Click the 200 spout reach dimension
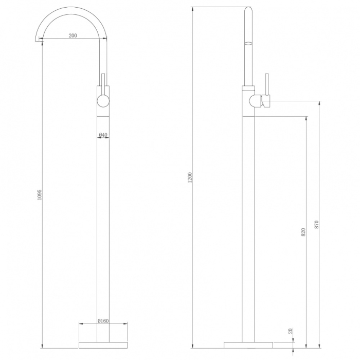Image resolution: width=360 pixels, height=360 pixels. [73, 35]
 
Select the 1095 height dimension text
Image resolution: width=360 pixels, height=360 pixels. [40, 194]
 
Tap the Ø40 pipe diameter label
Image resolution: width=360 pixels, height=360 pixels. [103, 135]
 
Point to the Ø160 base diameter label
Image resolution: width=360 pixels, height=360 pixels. [103, 321]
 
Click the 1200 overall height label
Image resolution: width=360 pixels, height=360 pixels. [190, 178]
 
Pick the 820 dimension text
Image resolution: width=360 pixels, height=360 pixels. [303, 232]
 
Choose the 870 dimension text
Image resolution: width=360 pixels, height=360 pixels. [316, 225]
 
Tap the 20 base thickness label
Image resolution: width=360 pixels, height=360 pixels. [291, 331]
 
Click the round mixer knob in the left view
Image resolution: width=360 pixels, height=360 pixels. [103, 101]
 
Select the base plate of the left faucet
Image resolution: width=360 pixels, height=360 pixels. [103, 345]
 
